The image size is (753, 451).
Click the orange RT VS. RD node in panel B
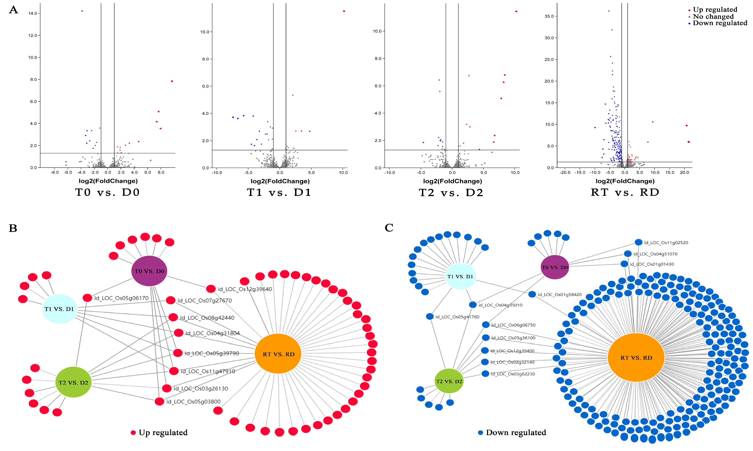point(278,354)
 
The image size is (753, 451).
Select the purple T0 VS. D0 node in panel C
point(555,267)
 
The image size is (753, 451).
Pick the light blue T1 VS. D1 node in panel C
point(460,276)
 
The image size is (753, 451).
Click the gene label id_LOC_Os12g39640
point(245,289)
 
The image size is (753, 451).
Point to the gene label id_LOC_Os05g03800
point(194,401)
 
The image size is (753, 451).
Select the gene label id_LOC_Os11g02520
point(666,242)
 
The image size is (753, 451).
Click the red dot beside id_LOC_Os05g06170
point(87,298)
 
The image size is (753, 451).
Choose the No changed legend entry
point(713,16)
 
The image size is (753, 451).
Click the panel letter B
point(13,228)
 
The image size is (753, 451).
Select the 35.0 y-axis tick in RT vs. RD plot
point(549,16)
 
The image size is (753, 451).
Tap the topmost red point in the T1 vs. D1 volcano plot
point(344,11)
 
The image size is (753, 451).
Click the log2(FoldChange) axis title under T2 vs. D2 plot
point(452,181)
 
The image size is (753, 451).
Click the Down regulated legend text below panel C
point(516,432)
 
